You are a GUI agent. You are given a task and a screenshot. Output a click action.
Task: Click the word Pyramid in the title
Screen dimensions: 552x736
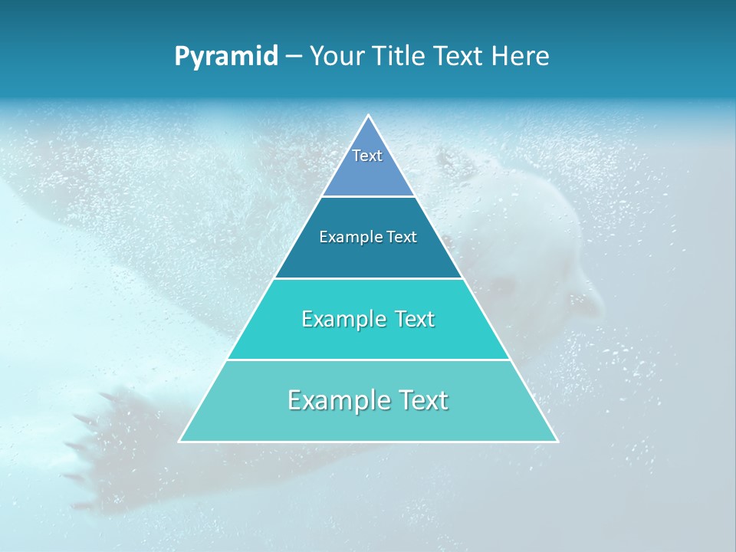coord(226,57)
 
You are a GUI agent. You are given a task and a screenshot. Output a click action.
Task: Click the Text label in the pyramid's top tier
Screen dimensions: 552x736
coord(367,156)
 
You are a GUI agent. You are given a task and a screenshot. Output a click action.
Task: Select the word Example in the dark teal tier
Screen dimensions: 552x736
coord(347,237)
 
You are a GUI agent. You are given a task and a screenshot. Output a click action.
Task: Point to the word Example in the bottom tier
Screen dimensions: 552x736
coord(337,400)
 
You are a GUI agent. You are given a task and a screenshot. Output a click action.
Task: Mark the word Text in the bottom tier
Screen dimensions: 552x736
coord(420,400)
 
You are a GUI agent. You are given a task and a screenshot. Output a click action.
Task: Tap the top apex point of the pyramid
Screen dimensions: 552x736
coord(368,116)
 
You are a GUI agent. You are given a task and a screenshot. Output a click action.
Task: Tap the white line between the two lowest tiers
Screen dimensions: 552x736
coord(368,360)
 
